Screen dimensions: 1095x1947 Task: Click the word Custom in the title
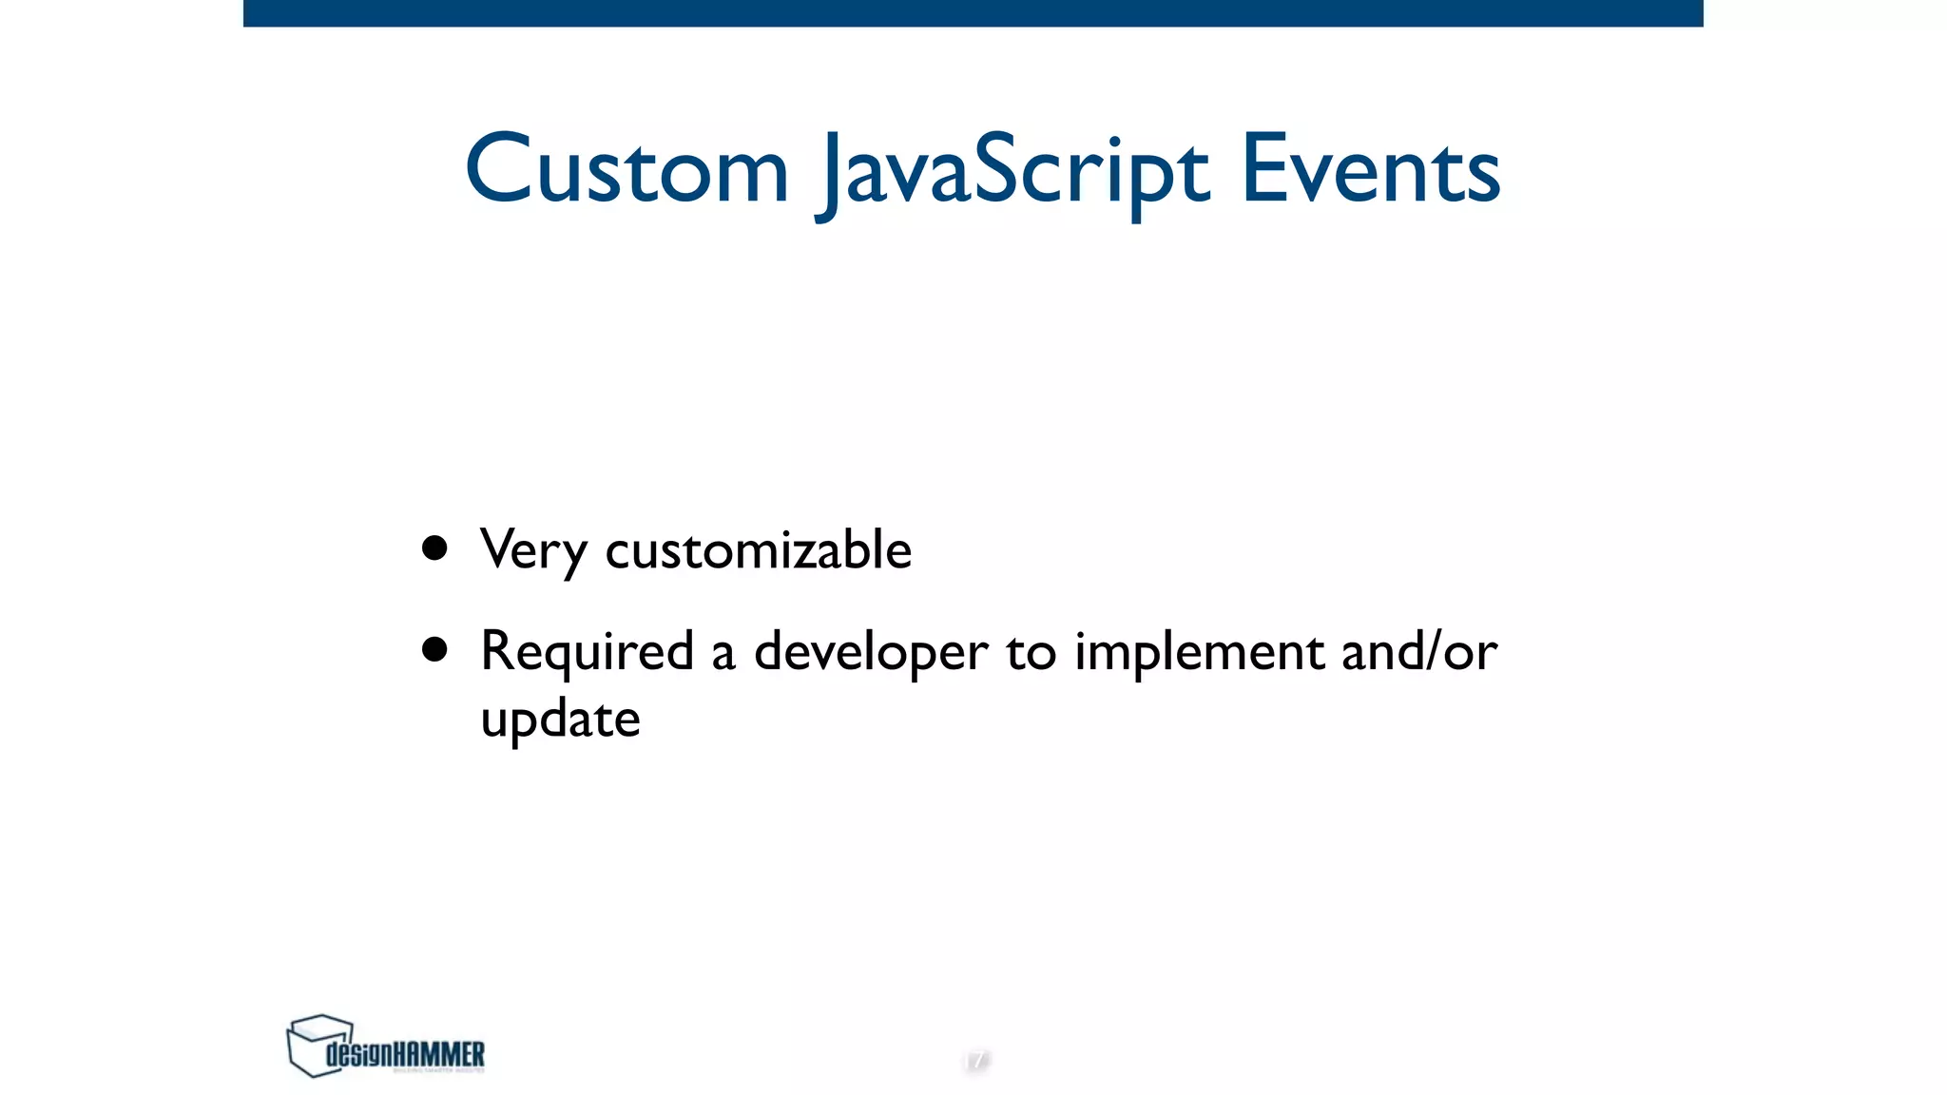click(x=627, y=171)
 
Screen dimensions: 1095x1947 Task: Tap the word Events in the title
click(x=1370, y=171)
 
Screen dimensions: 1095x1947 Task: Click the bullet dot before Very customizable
click(x=434, y=548)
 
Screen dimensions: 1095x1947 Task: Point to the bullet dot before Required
click(x=434, y=650)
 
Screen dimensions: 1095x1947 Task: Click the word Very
click(x=533, y=550)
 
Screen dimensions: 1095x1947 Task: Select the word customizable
click(x=758, y=550)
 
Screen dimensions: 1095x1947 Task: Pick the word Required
click(x=587, y=653)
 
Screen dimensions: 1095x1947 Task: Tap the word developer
click(x=870, y=653)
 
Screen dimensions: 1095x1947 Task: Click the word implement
click(x=1199, y=653)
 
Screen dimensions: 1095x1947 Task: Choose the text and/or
click(x=1418, y=651)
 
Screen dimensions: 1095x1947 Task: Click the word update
click(x=560, y=720)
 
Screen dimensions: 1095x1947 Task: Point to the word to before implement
click(x=1031, y=653)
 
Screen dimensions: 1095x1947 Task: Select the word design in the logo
click(x=358, y=1054)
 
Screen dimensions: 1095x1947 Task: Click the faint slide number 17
click(x=976, y=1060)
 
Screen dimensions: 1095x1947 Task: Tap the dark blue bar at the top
click(x=973, y=12)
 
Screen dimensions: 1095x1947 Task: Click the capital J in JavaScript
click(x=831, y=176)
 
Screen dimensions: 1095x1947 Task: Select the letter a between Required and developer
click(x=723, y=655)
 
